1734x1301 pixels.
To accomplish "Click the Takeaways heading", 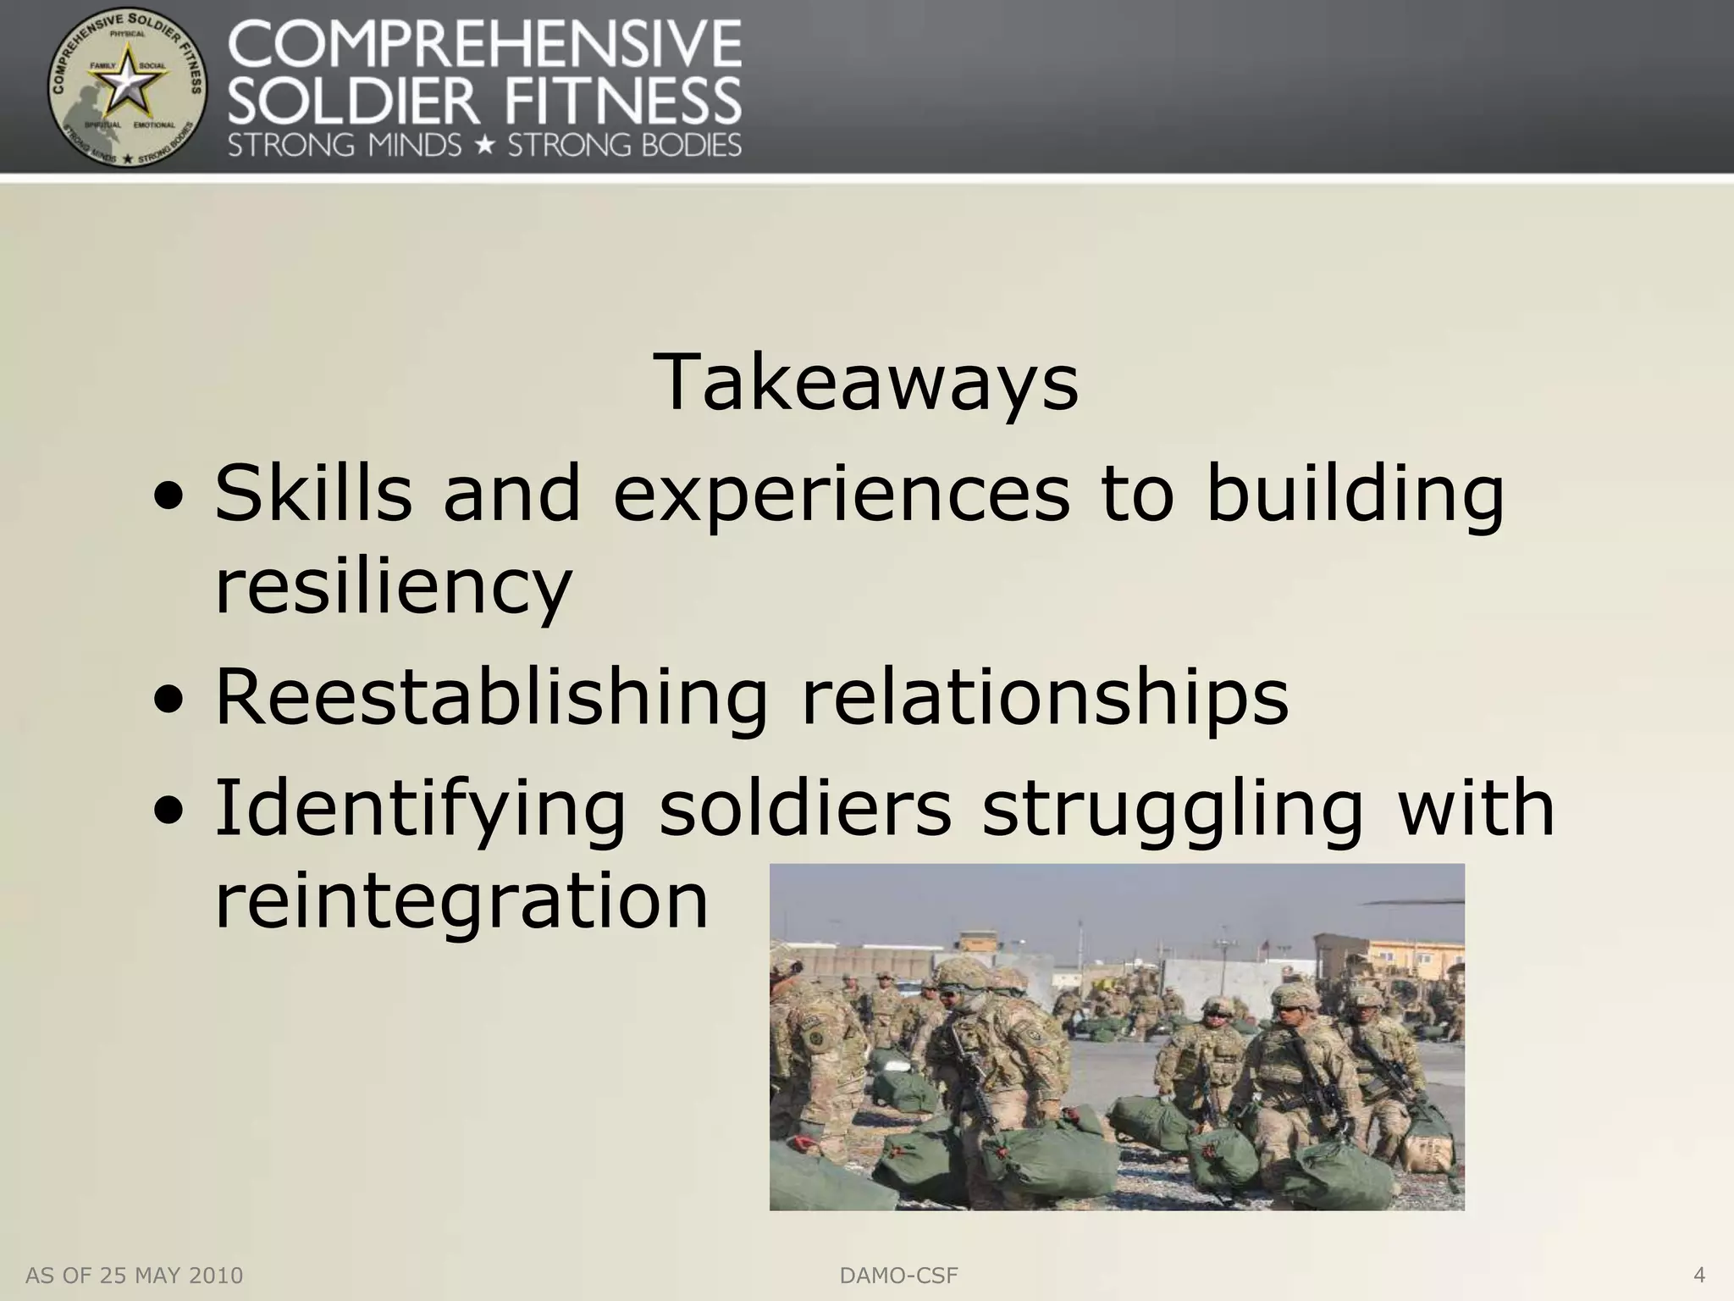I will point(866,384).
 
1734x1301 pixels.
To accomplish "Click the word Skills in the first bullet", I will point(313,493).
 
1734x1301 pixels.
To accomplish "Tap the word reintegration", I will point(461,900).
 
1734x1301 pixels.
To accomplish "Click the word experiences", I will point(841,495).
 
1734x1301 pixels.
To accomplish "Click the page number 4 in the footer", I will point(1698,1275).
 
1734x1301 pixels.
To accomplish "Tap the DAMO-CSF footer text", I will point(898,1276).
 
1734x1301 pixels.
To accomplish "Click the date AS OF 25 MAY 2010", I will point(135,1276).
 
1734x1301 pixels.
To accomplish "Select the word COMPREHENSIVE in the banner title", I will point(485,44).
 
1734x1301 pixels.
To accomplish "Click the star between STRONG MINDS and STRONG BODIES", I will point(484,145).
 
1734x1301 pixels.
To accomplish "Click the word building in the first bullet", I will point(1354,493).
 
